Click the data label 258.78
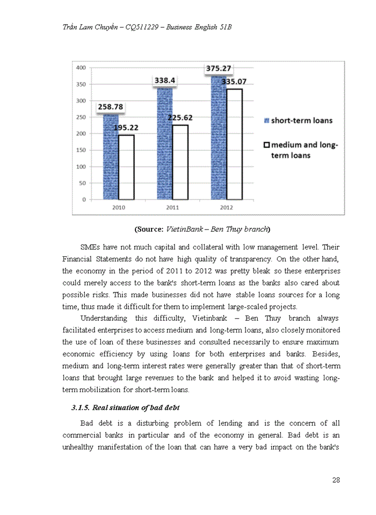[x=111, y=107]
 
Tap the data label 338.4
[x=165, y=80]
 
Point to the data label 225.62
[x=180, y=117]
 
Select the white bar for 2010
[x=126, y=167]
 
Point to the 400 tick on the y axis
[x=81, y=68]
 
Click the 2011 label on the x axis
[x=172, y=207]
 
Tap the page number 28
[x=336, y=480]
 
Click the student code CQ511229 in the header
[x=143, y=26]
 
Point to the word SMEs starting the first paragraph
[x=90, y=247]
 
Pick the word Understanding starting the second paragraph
[x=105, y=318]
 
